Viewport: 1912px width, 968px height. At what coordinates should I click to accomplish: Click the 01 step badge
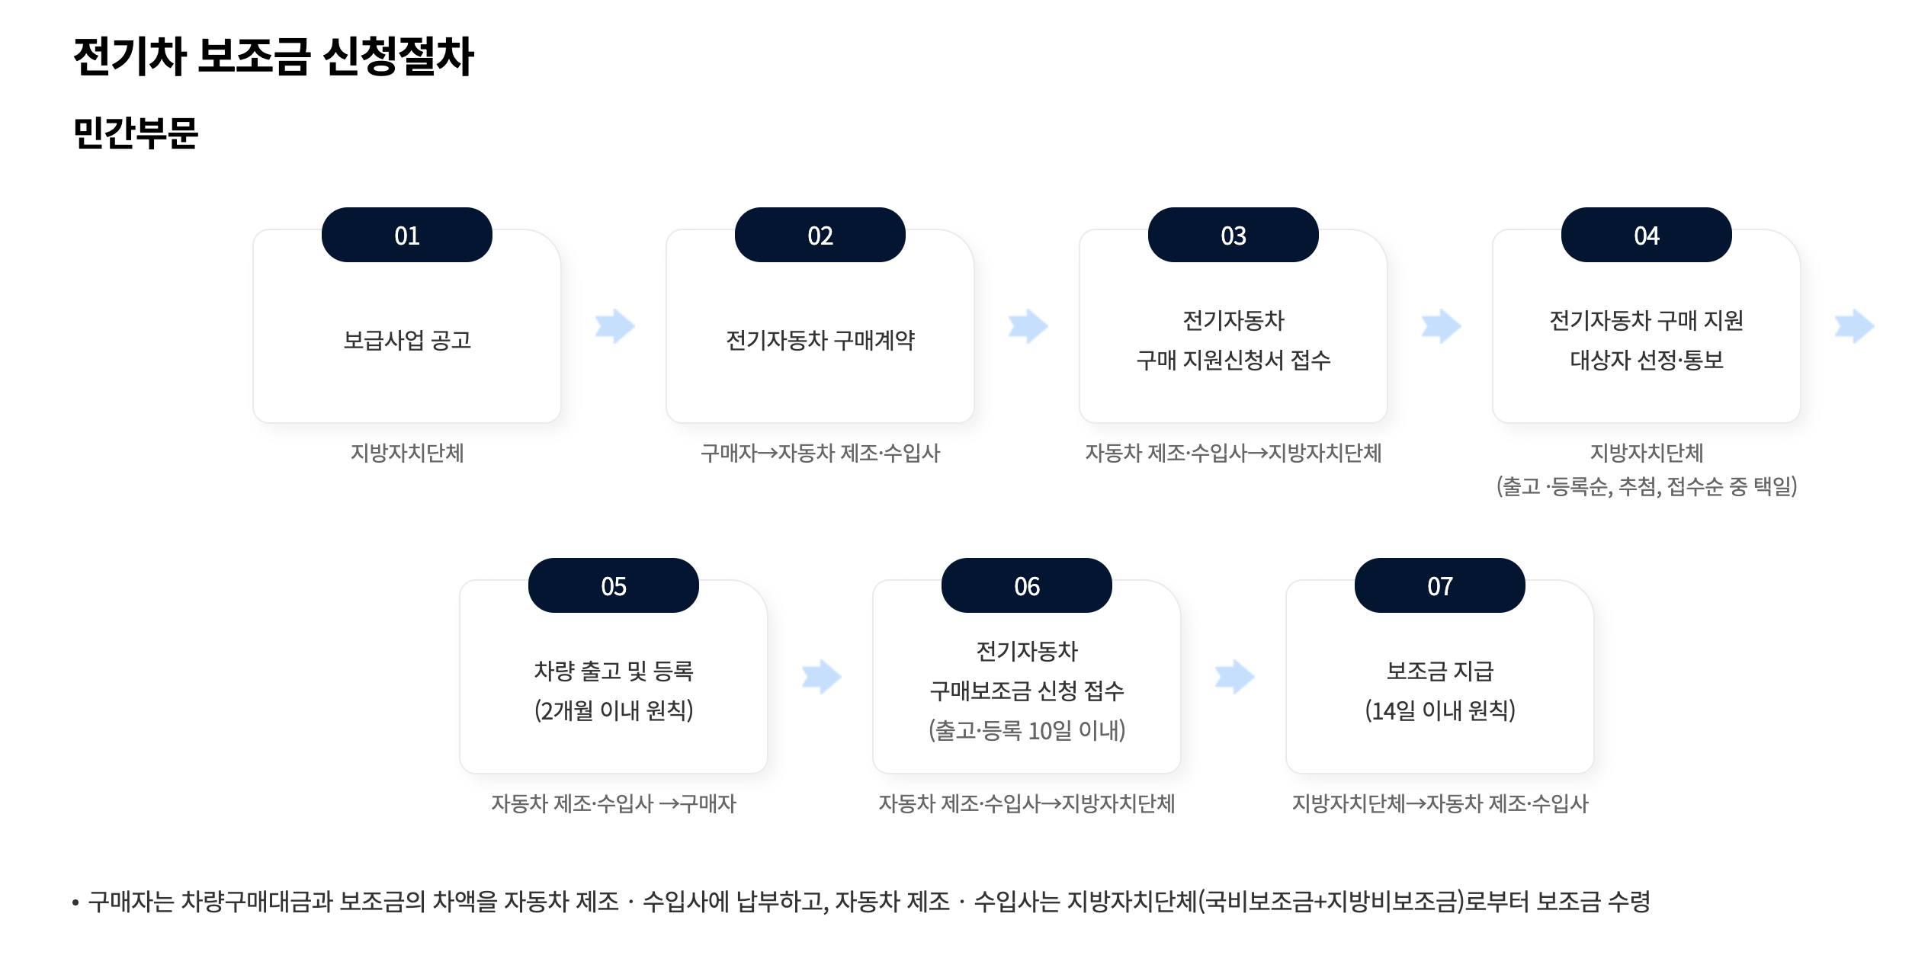[x=406, y=235]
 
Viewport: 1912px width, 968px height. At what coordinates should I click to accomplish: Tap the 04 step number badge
[x=1646, y=235]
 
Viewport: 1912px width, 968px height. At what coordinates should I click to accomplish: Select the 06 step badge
[x=1026, y=585]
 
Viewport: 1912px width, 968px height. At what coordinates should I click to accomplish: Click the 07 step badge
[x=1439, y=585]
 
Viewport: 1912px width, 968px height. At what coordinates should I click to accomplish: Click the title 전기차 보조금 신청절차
[x=274, y=56]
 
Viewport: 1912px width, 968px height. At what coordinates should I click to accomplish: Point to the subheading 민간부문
[x=136, y=133]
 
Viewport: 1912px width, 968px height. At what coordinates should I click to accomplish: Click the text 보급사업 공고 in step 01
[x=407, y=340]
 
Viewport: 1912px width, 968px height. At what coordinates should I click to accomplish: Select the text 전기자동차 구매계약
[x=820, y=340]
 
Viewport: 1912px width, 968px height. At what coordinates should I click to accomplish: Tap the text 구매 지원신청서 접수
[x=1233, y=360]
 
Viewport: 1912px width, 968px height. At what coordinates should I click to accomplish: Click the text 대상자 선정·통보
[x=1647, y=360]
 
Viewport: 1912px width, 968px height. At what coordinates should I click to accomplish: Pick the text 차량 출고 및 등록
[x=614, y=671]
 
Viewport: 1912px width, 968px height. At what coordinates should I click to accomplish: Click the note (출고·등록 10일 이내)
[x=1027, y=730]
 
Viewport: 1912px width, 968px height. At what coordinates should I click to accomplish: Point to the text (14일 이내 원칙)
[x=1439, y=710]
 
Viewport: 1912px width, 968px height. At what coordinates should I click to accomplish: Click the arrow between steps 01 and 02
[x=614, y=326]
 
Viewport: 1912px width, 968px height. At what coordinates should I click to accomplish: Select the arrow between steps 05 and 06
[x=821, y=677]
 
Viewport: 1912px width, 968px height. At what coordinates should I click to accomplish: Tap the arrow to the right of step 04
[x=1854, y=326]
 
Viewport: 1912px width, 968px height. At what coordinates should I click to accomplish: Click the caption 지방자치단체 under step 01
[x=407, y=453]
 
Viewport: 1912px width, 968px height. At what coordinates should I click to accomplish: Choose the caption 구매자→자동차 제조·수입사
[x=820, y=453]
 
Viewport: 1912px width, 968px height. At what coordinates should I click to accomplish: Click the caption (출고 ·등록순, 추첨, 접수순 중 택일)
[x=1647, y=486]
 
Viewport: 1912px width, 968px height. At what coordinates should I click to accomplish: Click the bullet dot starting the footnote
[x=75, y=903]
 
